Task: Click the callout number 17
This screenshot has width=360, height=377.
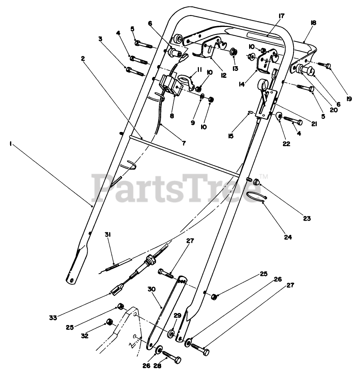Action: point(281,16)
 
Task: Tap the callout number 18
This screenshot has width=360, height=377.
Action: point(313,23)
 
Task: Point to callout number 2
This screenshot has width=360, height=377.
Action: point(83,58)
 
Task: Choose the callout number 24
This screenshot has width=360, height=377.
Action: point(288,237)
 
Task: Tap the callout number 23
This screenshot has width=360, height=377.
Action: point(307,218)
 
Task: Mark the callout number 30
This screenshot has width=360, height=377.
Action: point(152,289)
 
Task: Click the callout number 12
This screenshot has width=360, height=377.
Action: point(223,75)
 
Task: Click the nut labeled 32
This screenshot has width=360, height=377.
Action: point(108,321)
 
